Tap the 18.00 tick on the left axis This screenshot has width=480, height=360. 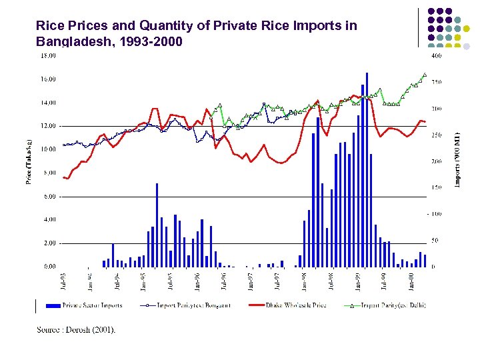coord(50,56)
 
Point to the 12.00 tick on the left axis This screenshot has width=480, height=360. coord(50,126)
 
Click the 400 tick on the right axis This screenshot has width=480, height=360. coord(436,56)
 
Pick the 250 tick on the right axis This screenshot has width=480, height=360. coord(436,135)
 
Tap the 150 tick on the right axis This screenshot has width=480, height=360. coord(436,187)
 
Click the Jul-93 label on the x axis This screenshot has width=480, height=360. coord(63,281)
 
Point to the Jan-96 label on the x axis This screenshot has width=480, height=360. coord(197,281)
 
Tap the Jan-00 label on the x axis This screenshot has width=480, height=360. coord(411,281)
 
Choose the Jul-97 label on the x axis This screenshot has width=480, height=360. coord(277,281)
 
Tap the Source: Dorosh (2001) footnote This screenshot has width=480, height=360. coord(76,329)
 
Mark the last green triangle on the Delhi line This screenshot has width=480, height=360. coord(425,75)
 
